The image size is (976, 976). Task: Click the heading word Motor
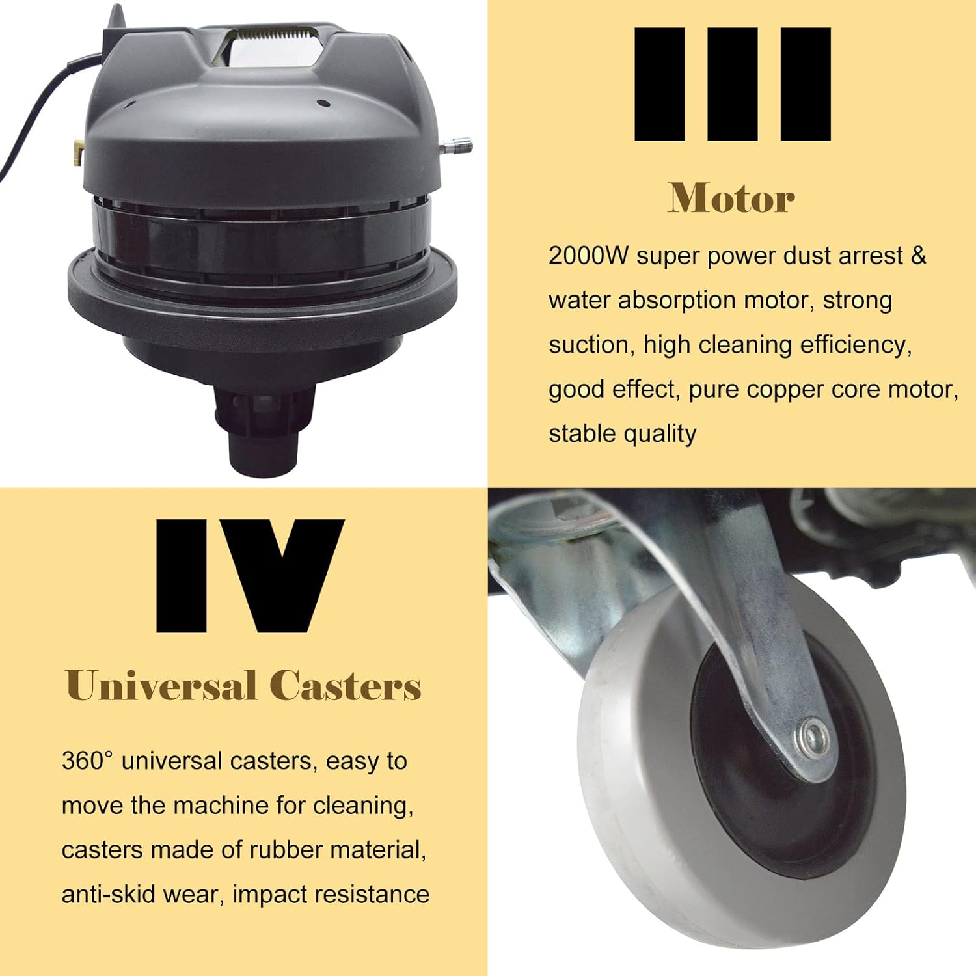coord(731,198)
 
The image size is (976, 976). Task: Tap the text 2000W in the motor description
coord(588,256)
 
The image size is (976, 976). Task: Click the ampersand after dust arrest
coord(918,255)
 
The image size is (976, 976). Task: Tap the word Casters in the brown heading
coord(346,686)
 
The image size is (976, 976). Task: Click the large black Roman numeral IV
coord(250,575)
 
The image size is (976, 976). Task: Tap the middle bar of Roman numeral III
coord(732,84)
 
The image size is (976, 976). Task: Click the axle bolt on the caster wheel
coord(813,739)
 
